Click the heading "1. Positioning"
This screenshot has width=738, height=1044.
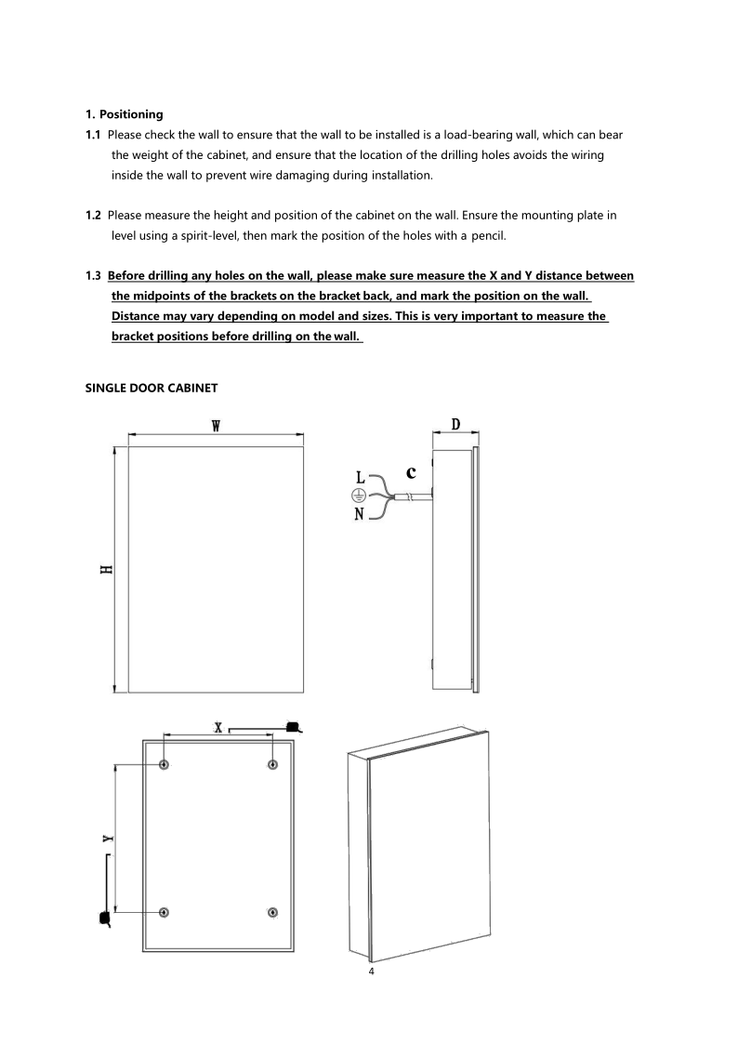[124, 114]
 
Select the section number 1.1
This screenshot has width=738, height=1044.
[93, 135]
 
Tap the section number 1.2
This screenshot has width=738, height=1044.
[93, 216]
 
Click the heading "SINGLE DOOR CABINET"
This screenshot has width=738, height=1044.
[152, 388]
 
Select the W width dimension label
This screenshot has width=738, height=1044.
[216, 426]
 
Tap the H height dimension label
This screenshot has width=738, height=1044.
[108, 569]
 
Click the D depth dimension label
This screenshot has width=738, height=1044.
[455, 424]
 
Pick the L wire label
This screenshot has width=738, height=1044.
[362, 478]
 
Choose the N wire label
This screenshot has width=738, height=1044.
[360, 514]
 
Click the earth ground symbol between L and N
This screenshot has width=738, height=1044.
[358, 496]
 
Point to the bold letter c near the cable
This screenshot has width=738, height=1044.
[411, 471]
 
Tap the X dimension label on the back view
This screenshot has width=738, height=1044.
[217, 726]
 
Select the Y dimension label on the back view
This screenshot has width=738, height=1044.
[108, 839]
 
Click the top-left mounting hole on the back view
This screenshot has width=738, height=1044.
[165, 764]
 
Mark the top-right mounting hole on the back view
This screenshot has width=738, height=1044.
[272, 764]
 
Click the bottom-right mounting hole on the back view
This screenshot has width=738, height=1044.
[272, 912]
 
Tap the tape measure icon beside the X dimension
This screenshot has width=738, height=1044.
[293, 726]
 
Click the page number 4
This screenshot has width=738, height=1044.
[372, 972]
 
